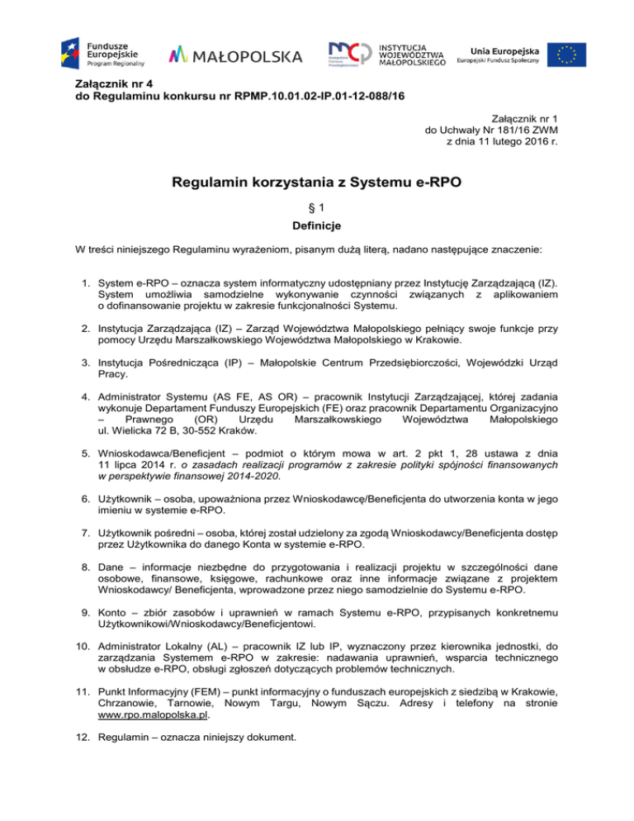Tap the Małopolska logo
[x=235, y=55]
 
